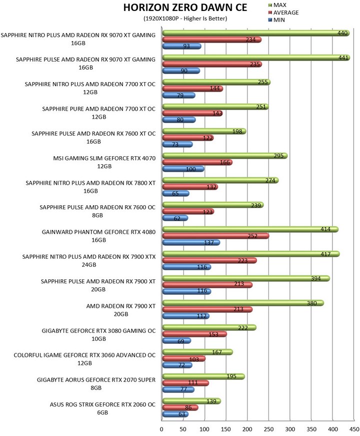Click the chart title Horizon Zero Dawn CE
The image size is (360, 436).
(x=185, y=8)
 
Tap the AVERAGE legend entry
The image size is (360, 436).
(x=283, y=13)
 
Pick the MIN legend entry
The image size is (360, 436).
(x=276, y=20)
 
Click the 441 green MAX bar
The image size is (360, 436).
(x=256, y=58)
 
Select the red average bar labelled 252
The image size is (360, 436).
(x=215, y=236)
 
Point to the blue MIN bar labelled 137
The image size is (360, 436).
(x=191, y=242)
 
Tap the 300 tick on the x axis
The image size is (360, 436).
(x=290, y=429)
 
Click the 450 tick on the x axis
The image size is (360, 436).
(x=354, y=429)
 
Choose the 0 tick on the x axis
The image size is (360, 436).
(x=161, y=429)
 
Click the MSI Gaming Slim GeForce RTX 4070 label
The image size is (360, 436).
(x=104, y=162)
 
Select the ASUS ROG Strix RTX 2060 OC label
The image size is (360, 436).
(x=102, y=408)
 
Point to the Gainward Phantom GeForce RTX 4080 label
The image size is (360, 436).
(x=98, y=236)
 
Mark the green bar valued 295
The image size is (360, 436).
(x=224, y=156)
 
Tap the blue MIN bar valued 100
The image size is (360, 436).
(x=183, y=169)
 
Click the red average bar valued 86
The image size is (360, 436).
(x=180, y=407)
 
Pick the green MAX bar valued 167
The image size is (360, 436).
(x=197, y=352)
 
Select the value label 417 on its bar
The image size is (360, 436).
(x=325, y=254)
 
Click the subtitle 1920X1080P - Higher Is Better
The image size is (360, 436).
(x=185, y=19)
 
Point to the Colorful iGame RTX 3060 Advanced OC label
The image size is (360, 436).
(x=84, y=359)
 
